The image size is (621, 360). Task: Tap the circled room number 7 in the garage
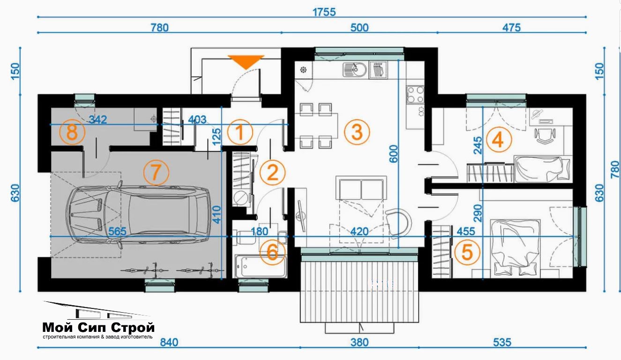tap(156, 172)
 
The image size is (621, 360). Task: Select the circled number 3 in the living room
tap(357, 132)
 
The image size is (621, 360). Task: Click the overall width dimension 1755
tap(324, 12)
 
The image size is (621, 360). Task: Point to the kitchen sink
tap(355, 69)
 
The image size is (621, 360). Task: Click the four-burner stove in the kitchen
tap(415, 95)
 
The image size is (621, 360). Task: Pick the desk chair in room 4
tap(545, 136)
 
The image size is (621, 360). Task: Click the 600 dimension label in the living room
tap(394, 154)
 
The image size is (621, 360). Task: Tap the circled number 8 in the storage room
tap(72, 132)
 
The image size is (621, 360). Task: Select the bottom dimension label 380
tap(359, 343)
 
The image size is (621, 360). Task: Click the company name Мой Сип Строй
tap(98, 328)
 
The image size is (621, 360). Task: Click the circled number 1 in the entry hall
tap(240, 132)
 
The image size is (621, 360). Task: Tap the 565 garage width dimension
tap(117, 232)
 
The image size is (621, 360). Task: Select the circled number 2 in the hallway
tap(272, 172)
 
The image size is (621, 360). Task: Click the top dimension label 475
tap(511, 28)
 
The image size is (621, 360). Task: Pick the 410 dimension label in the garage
tap(217, 215)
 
